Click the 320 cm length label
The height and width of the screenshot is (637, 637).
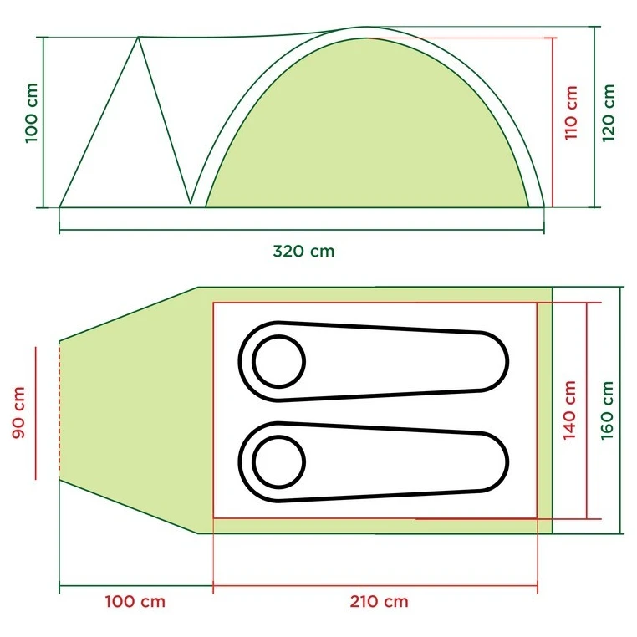coord(303,251)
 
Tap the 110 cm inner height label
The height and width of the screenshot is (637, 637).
coord(571,113)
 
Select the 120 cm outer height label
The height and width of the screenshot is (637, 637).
coord(608,113)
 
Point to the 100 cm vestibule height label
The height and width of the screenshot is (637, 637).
coord(32,113)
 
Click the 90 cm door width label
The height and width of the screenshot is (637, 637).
coord(18,412)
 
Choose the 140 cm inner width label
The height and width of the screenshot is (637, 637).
coord(569,410)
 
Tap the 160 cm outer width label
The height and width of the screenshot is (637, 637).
coord(607,410)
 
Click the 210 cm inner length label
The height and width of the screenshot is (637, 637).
coord(379,601)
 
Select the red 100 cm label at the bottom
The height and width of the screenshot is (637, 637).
coord(135,601)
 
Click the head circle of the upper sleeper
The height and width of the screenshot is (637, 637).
coord(278,361)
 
